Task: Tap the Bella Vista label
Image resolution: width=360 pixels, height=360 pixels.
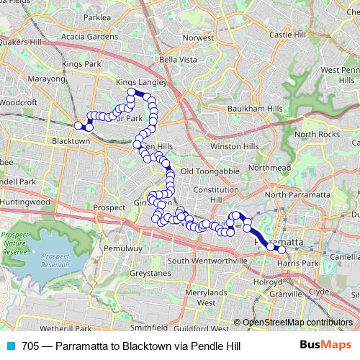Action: click(x=177, y=59)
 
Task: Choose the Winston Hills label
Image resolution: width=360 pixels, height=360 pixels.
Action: click(x=234, y=146)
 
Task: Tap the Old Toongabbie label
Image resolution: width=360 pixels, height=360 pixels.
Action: click(x=208, y=171)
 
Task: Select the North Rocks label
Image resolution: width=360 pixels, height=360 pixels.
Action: click(x=317, y=135)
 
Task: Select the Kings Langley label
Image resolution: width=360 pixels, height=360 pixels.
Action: click(x=142, y=83)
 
